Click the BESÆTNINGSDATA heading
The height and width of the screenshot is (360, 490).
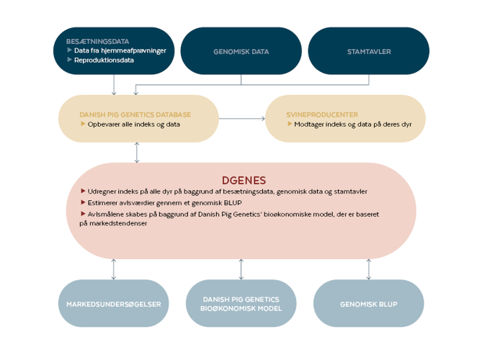pos(97,41)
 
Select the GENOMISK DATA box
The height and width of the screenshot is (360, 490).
pos(241,52)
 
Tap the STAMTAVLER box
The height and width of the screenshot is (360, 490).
pos(368,52)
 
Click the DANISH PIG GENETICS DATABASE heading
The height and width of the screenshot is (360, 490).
pos(135,114)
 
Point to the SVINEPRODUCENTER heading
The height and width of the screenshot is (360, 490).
pos(322,114)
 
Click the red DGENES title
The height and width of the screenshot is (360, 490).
pos(244,180)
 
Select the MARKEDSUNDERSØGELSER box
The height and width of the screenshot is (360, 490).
pos(114,304)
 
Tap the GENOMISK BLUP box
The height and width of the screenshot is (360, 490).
pos(368,304)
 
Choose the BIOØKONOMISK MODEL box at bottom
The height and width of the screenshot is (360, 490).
pos(241,304)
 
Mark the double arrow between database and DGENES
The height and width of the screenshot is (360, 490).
pos(137,153)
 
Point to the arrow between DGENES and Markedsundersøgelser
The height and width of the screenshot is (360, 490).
pos(114,269)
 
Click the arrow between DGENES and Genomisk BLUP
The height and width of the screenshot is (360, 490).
pos(368,269)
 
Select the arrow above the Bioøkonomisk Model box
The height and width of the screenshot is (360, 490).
pos(241,269)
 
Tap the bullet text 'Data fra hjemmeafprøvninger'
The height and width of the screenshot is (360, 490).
pos(120,50)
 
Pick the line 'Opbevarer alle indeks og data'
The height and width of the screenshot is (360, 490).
pos(133,125)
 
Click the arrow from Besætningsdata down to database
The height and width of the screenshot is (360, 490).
pos(114,85)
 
